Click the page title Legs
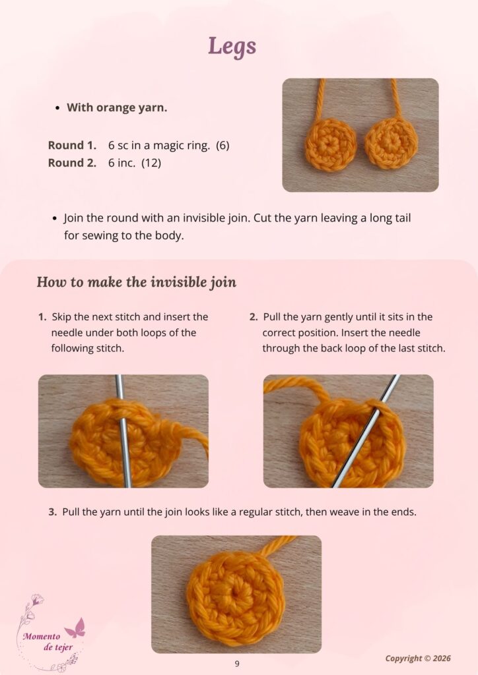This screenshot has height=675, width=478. click(x=232, y=47)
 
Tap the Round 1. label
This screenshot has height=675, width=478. click(x=72, y=146)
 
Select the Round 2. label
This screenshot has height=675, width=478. click(x=72, y=163)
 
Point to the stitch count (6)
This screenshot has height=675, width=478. click(x=222, y=146)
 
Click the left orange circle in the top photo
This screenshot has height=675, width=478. click(x=331, y=144)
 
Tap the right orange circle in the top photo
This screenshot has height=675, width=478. click(x=392, y=143)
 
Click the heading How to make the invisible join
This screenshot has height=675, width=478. click(x=136, y=282)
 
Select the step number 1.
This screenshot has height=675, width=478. click(x=42, y=317)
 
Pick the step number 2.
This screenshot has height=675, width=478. click(x=254, y=317)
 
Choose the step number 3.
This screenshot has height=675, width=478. click(x=53, y=512)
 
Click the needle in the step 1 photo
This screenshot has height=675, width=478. click(x=123, y=430)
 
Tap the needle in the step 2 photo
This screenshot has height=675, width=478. click(x=366, y=430)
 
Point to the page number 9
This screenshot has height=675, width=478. click(x=237, y=664)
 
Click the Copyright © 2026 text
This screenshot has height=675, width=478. click(x=418, y=659)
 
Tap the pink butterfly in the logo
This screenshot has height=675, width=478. click(x=75, y=628)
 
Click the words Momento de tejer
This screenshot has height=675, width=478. click(x=48, y=641)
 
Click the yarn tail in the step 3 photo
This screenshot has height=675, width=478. click(x=278, y=546)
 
